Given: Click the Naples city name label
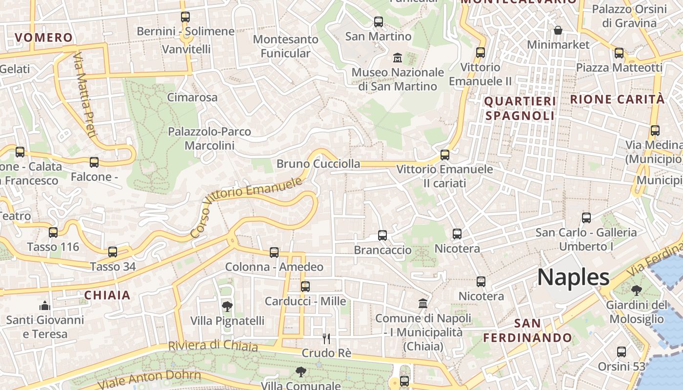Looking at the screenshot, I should [x=573, y=277].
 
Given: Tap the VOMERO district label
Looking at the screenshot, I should [x=43, y=38].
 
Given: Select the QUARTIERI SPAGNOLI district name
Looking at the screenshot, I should [x=520, y=108].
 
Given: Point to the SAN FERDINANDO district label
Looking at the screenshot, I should [x=527, y=331].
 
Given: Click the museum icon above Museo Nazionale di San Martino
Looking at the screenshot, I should [x=398, y=58].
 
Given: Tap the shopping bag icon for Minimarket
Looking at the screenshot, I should [x=558, y=31].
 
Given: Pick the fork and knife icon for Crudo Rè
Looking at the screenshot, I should [x=326, y=338].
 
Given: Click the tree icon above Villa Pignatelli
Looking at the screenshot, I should [x=227, y=307].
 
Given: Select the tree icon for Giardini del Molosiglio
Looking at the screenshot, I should [x=636, y=291].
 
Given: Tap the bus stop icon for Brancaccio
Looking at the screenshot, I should [x=382, y=235].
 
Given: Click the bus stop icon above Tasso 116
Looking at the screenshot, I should [x=53, y=233].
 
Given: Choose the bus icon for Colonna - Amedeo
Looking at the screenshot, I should [x=274, y=252].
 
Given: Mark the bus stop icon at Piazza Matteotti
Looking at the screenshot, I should [x=619, y=53].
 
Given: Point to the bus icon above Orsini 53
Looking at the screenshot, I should [x=622, y=351].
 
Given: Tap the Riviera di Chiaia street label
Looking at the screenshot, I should [x=213, y=346].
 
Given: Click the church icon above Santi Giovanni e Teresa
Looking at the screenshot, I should [x=45, y=306].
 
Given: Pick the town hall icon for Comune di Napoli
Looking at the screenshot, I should [x=423, y=304].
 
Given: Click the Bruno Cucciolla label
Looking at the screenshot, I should [x=318, y=164].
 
